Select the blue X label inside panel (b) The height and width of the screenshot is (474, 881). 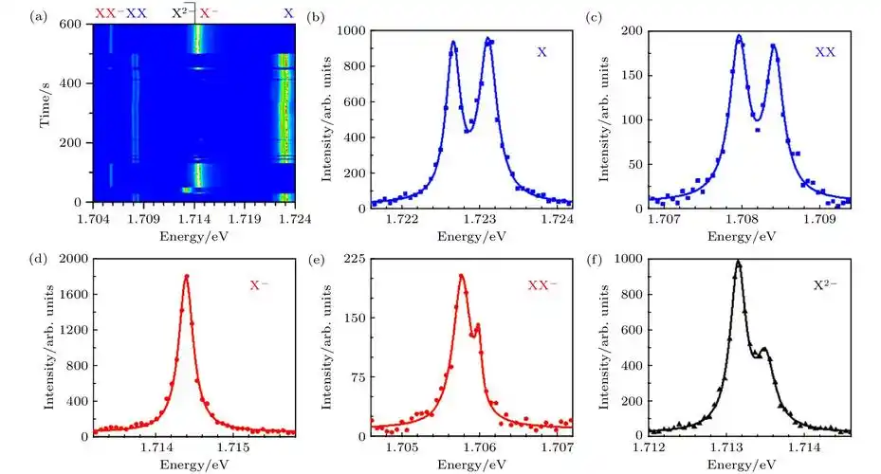(541, 53)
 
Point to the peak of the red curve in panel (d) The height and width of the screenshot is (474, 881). (186, 276)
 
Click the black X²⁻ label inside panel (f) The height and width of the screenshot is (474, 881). (821, 283)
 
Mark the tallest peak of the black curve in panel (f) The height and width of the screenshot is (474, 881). (738, 263)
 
